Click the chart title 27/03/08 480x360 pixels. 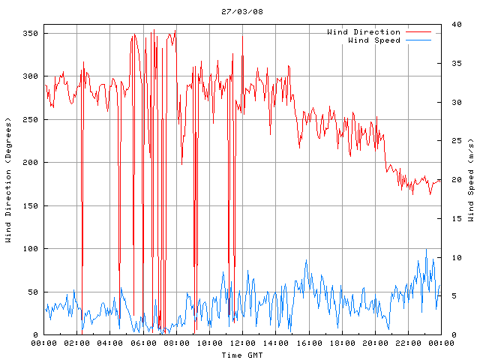240,11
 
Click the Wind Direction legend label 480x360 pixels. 364,32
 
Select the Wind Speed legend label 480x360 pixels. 374,40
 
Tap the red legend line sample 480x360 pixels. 418,32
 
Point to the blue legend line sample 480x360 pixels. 418,40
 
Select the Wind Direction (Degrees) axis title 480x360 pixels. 8,180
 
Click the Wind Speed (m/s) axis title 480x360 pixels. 471,180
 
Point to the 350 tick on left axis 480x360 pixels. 30,34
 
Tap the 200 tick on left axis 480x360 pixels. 30,163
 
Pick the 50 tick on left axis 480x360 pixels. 32,292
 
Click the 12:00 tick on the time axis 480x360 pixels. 242,343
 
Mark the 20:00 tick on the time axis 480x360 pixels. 374,343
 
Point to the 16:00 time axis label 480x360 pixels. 308,343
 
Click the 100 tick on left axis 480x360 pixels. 30,249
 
